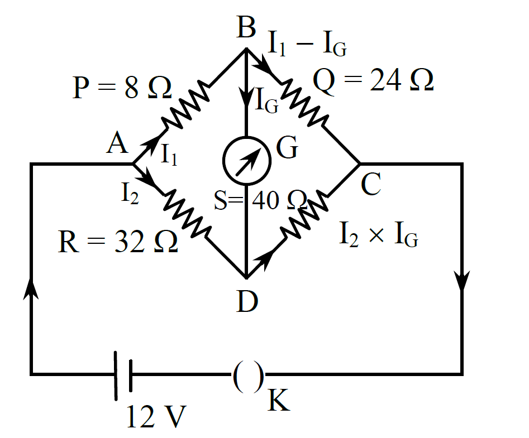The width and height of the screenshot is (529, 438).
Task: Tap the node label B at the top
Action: pyautogui.click(x=246, y=27)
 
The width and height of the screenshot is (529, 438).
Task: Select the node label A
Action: pyautogui.click(x=117, y=143)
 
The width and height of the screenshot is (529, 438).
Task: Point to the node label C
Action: pyautogui.click(x=371, y=184)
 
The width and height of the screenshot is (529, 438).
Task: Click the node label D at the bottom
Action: pyautogui.click(x=247, y=301)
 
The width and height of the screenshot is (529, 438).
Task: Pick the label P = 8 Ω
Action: pyautogui.click(x=122, y=88)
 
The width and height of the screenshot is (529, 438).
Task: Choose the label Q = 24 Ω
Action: pyautogui.click(x=373, y=80)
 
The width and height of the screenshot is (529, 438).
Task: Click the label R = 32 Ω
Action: pyautogui.click(x=118, y=241)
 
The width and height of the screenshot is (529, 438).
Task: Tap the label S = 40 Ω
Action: pyautogui.click(x=261, y=200)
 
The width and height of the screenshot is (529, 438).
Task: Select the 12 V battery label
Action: pyautogui.click(x=156, y=416)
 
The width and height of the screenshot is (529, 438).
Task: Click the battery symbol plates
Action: pyautogui.click(x=123, y=376)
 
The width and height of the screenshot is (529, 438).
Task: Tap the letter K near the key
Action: pyautogui.click(x=279, y=400)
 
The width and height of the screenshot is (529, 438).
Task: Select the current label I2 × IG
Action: pyautogui.click(x=379, y=234)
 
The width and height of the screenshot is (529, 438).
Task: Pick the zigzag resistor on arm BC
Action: pyautogui.click(x=304, y=103)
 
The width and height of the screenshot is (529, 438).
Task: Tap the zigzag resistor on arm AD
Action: pyautogui.click(x=187, y=214)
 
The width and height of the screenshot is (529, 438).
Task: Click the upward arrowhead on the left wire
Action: pyautogui.click(x=31, y=288)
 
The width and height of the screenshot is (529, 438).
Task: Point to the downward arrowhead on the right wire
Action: pyautogui.click(x=462, y=281)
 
